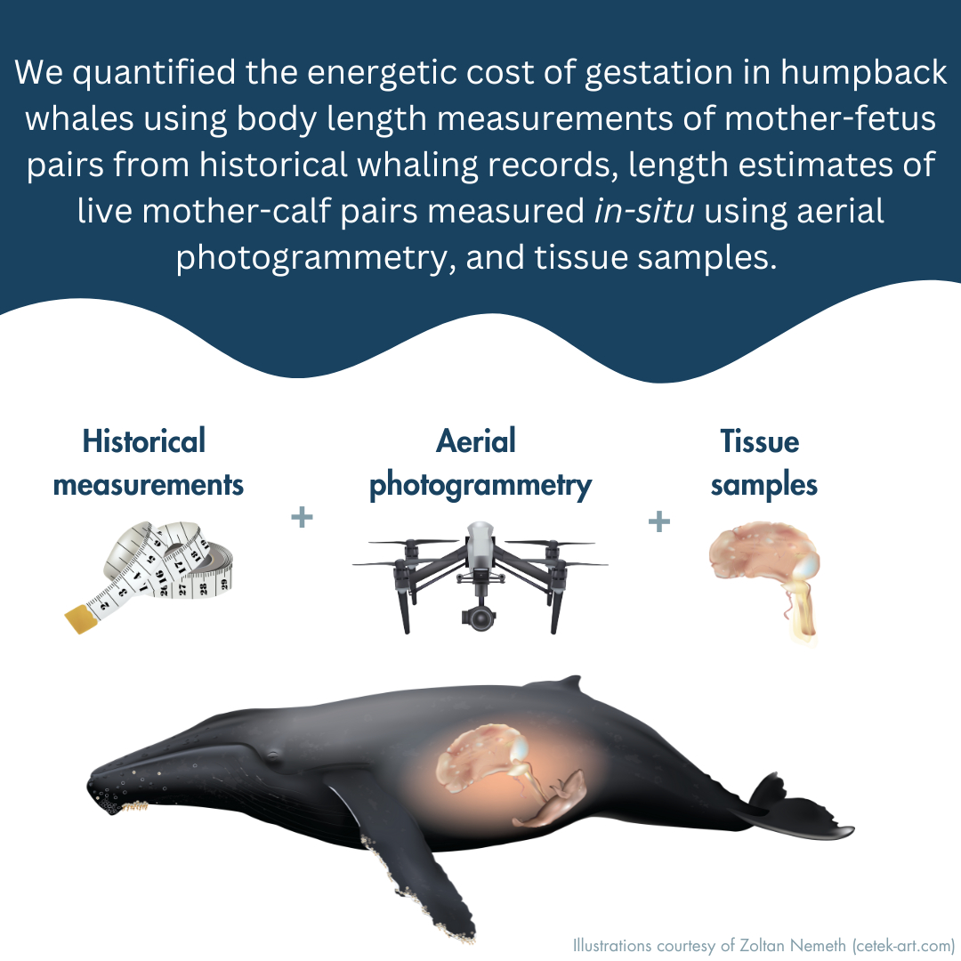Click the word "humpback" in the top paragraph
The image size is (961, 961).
coord(863,73)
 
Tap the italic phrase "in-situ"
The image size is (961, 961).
coord(644,211)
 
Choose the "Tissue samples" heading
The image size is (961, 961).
coord(763,463)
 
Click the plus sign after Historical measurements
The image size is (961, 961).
coord(302,517)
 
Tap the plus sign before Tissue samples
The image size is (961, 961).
coord(658,521)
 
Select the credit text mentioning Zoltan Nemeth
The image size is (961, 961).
coord(763,946)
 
